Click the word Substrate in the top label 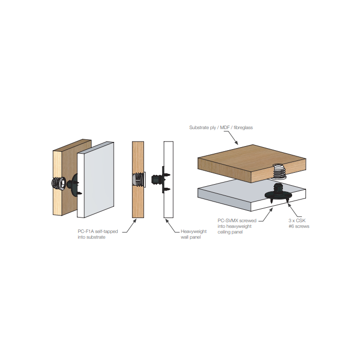tap(198, 127)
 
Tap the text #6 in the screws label tap(291, 226)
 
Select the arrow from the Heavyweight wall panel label tap(172, 227)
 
